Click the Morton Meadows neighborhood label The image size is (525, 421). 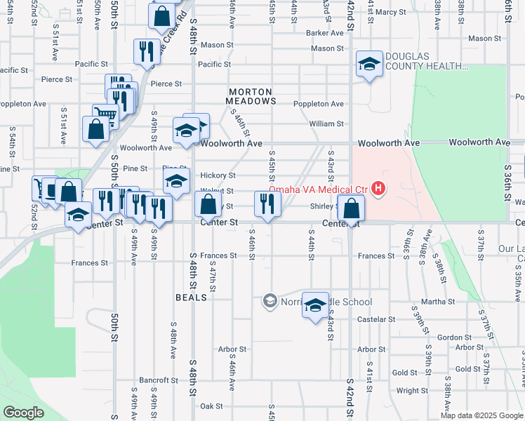point(251,96)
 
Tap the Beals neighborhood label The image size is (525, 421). point(192,298)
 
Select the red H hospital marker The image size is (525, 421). point(379,188)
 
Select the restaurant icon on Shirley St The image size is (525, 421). point(267,203)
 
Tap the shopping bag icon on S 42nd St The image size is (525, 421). point(351,208)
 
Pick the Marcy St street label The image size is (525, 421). point(390,12)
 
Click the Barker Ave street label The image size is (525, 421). point(324,33)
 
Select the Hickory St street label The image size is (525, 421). point(217,175)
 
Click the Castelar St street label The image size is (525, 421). point(371,319)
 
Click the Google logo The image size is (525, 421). point(23,413)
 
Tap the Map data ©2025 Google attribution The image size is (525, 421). point(481,415)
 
